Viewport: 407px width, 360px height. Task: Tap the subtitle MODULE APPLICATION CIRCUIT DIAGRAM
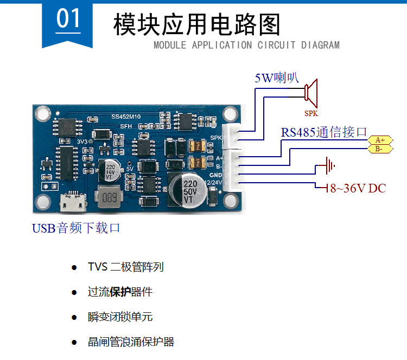tap(246, 45)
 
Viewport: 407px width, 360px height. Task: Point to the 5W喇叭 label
tap(277, 78)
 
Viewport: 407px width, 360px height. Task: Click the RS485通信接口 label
tap(324, 132)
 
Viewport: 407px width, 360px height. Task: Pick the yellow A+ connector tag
tap(380, 140)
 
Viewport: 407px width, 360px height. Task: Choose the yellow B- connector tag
tap(379, 149)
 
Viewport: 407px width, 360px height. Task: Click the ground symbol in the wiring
tap(327, 165)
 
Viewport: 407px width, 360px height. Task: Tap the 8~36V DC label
tap(355, 189)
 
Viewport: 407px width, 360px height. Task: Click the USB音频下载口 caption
tap(76, 228)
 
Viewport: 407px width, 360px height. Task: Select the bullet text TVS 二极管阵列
tap(125, 267)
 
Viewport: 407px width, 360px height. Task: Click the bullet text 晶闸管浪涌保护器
tap(131, 342)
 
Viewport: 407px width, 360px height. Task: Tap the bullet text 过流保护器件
tap(120, 292)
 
